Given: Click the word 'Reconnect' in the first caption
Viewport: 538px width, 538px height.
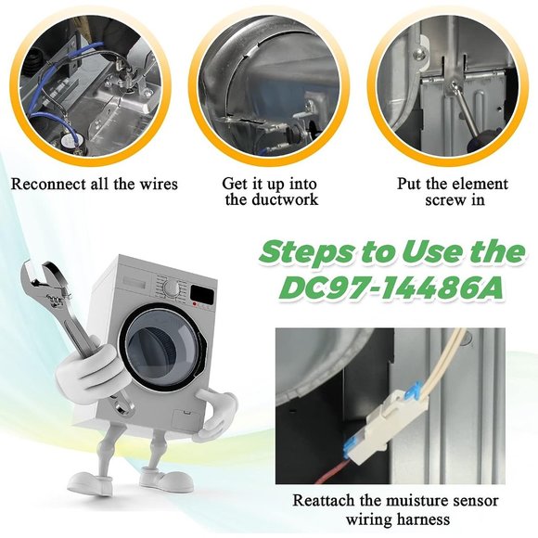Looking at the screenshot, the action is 49,184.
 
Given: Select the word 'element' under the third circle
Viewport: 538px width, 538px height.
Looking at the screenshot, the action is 480,184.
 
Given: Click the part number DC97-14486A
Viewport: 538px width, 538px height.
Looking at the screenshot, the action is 391,288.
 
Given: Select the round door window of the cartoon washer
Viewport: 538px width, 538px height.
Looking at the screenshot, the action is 162,347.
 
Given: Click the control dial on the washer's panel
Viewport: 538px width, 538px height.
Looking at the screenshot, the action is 171,288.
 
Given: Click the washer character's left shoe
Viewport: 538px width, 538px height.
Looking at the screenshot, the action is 90,483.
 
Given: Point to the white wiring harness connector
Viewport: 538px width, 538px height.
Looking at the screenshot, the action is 394,425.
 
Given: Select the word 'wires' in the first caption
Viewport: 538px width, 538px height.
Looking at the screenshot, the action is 159,184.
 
